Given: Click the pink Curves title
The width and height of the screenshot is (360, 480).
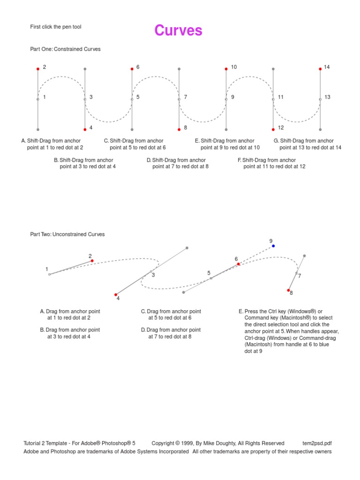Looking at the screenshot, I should point(179,31).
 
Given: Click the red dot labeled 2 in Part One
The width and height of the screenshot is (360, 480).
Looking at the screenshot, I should point(38,69).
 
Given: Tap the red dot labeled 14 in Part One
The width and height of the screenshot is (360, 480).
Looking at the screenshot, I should point(320,69).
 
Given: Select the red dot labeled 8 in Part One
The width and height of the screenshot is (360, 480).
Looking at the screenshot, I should point(179,129).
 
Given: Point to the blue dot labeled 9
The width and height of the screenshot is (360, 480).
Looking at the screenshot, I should point(273,246).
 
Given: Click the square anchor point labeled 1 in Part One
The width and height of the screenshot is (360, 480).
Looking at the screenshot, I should point(38,99).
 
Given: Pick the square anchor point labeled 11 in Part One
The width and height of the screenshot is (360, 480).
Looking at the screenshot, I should point(273,99).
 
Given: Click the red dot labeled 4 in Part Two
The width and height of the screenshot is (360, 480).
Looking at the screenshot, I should point(116,295).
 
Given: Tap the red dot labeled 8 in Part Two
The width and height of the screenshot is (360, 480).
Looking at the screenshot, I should point(289,290).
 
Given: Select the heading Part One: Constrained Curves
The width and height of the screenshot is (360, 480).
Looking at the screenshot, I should point(65,49).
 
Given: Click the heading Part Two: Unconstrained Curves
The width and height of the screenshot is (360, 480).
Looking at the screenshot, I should point(67,234).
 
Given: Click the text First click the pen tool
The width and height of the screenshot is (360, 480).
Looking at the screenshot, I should point(56,27).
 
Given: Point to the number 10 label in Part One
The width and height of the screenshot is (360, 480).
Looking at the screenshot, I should point(233,67).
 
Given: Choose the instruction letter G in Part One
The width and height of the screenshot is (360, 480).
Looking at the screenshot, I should point(276,141).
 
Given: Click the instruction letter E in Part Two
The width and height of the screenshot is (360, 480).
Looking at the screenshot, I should point(240,311).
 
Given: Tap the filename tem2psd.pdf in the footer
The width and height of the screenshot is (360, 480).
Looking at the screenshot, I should point(317,443).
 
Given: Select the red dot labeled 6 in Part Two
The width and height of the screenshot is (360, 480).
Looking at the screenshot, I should point(238,264).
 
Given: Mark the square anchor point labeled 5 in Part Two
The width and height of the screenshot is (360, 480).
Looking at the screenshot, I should point(211,278).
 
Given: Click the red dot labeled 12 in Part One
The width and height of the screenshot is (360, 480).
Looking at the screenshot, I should point(273,129).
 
